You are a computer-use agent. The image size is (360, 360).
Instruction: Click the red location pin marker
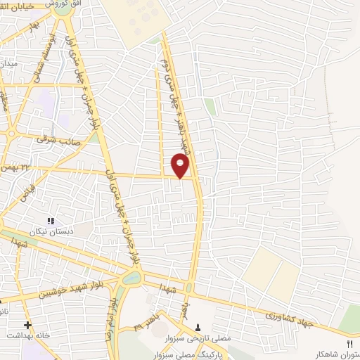click(181, 166)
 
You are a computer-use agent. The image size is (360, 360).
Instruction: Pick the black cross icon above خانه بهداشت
click(27, 326)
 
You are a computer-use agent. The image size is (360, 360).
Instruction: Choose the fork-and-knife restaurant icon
click(349, 342)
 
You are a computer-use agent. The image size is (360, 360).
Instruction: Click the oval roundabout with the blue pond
click(131, 278)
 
